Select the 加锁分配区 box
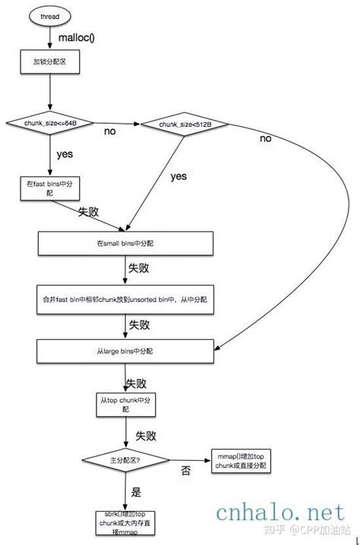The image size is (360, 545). coord(49,62)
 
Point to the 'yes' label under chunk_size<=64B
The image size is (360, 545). coord(65,154)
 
